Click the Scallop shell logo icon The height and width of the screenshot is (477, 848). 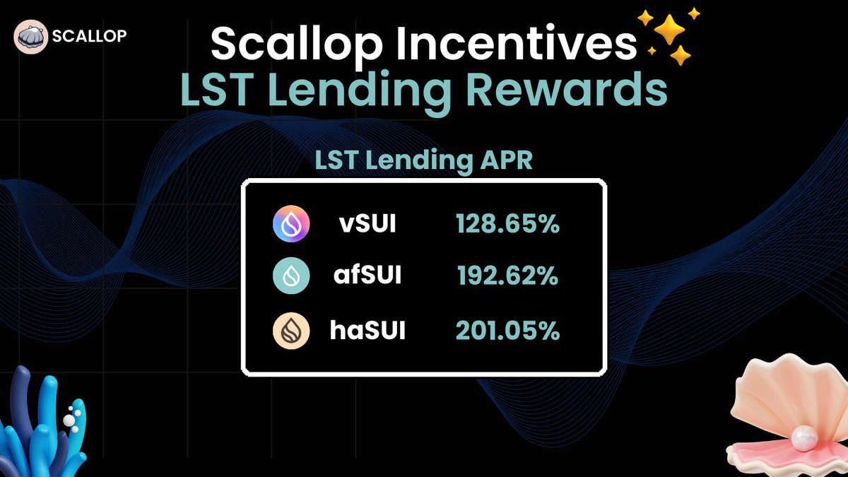click(32, 36)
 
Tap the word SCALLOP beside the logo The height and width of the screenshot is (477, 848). click(89, 36)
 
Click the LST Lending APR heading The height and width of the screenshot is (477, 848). click(423, 160)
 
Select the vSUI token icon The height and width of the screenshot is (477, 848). click(290, 225)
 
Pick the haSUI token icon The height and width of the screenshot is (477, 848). click(290, 331)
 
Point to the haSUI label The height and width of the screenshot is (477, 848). click(367, 331)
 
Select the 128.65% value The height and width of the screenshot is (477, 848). click(507, 225)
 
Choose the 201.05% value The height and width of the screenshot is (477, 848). click(507, 331)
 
